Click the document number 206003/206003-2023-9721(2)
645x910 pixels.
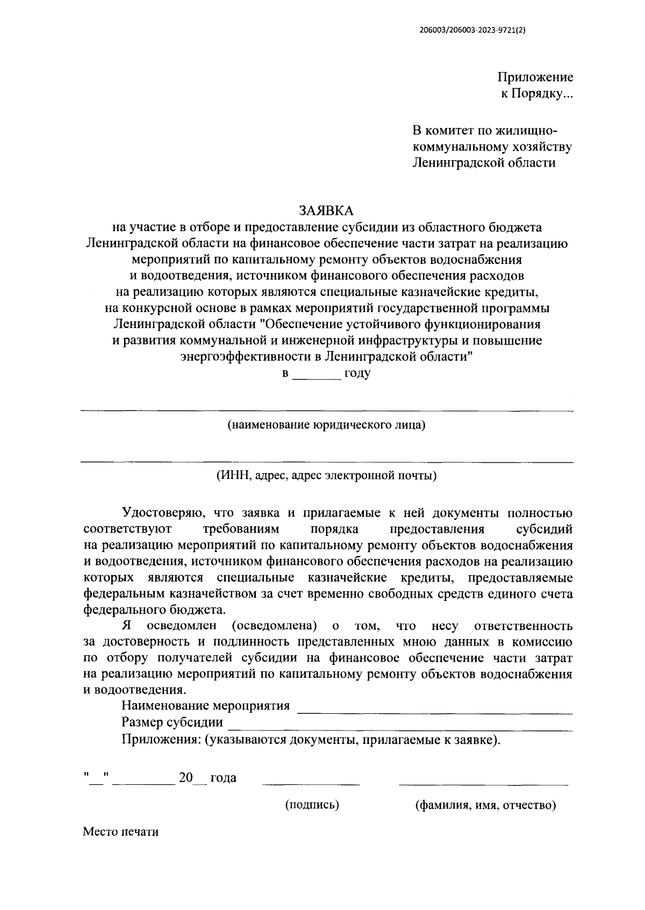tap(471, 31)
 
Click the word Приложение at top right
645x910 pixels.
tap(535, 77)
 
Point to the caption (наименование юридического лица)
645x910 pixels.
tap(326, 425)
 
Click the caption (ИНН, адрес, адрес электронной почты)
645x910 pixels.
tap(326, 476)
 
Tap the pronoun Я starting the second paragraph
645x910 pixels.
tap(127, 626)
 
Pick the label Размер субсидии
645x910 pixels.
tap(172, 722)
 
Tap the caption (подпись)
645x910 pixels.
tap(312, 805)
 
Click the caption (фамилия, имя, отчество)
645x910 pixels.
tap(485, 805)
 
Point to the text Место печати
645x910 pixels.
tap(120, 832)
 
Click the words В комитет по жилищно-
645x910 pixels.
tap(484, 131)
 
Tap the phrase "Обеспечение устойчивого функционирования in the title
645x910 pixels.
tap(400, 325)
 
